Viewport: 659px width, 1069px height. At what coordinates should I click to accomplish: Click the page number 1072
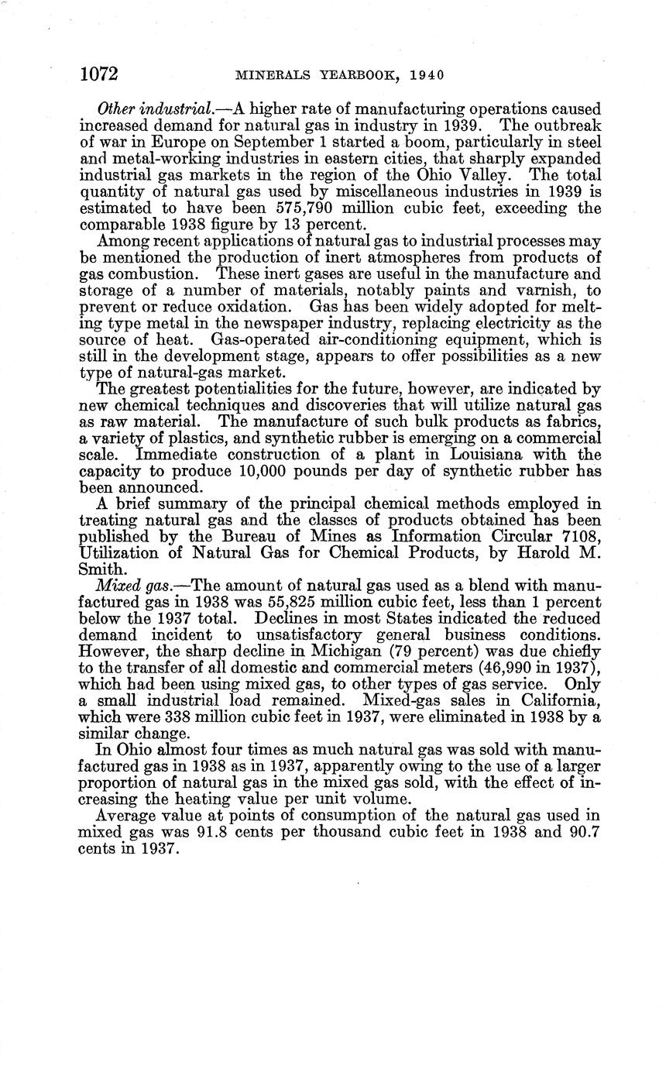pos(98,74)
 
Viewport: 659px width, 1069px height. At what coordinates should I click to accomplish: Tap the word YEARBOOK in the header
pos(352,75)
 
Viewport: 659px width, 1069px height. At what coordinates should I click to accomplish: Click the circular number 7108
pos(577,536)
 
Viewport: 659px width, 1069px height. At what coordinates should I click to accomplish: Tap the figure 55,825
pos(323,601)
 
